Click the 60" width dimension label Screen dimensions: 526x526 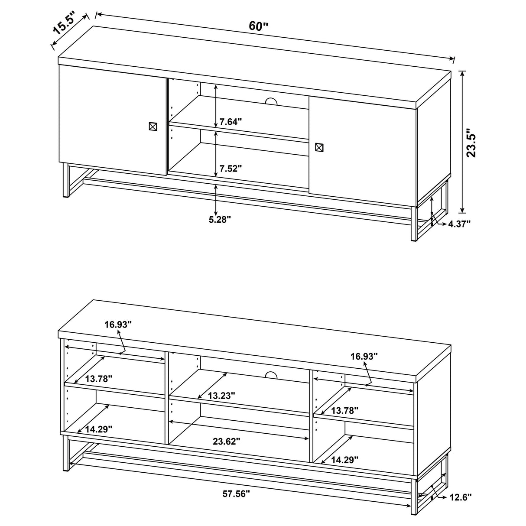[x=259, y=26]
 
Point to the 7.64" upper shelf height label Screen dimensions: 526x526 [x=231, y=122]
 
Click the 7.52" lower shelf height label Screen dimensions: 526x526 [x=231, y=169]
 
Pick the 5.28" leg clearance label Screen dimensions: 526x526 [x=220, y=219]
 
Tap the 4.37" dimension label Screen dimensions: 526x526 [x=459, y=224]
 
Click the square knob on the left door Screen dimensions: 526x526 [x=152, y=126]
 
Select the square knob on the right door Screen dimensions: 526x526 [x=319, y=147]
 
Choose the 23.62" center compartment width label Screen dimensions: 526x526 [x=227, y=441]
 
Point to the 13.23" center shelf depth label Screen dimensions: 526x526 [x=221, y=395]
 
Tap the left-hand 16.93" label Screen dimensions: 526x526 [x=117, y=324]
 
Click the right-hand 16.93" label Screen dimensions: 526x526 [x=364, y=356]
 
